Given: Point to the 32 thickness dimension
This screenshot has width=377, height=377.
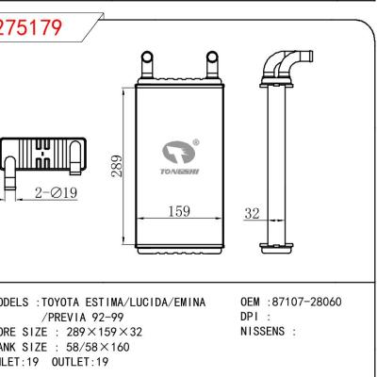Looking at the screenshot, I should coord(251,213).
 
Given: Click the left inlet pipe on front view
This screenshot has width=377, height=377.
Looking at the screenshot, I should coord(146,65).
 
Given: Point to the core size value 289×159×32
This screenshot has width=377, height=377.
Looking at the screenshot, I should coord(98,333).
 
